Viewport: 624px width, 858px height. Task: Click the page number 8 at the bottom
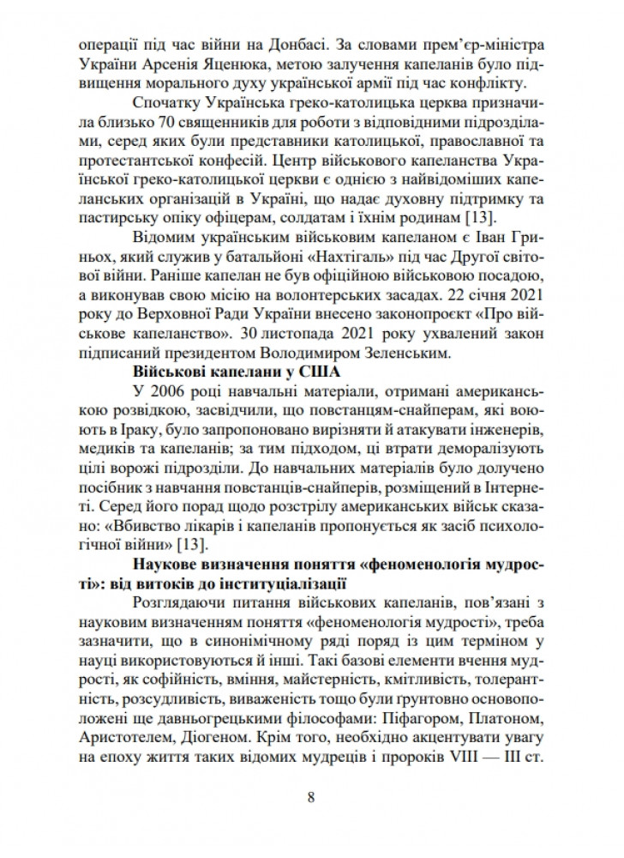pos(311,797)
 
